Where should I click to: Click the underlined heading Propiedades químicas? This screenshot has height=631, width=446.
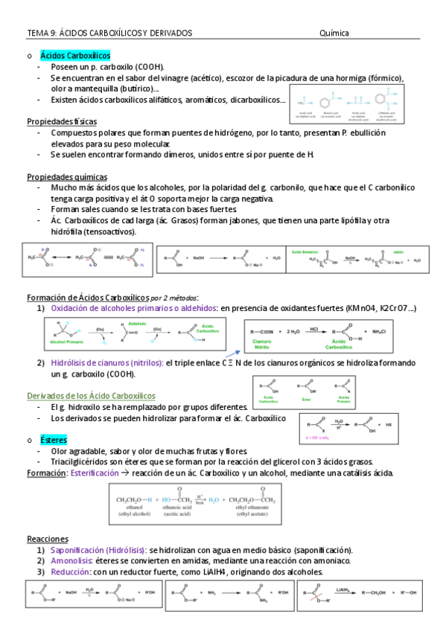point(67,177)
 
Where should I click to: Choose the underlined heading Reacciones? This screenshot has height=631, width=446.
point(48,539)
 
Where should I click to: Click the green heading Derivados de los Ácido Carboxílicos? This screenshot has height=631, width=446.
point(91,395)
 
